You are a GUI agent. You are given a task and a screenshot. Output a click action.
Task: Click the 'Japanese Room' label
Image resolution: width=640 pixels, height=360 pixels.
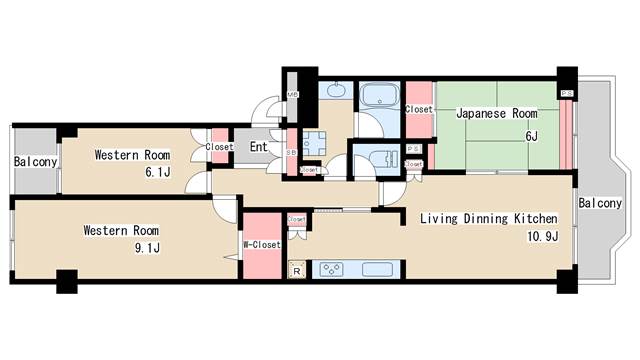point(496,113)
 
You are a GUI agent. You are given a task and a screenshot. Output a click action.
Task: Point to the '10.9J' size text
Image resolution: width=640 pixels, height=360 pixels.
point(535,236)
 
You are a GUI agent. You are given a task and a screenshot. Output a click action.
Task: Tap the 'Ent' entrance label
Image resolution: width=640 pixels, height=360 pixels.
point(258,147)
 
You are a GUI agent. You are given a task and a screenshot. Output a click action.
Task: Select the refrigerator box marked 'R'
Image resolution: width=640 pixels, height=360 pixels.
point(296,269)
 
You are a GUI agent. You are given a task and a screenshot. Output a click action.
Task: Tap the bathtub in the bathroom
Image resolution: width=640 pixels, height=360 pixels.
point(379,97)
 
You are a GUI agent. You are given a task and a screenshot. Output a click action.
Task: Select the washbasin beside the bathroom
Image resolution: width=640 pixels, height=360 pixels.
point(335,91)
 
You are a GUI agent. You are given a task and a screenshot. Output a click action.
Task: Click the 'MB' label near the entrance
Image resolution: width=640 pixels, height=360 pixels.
point(293,97)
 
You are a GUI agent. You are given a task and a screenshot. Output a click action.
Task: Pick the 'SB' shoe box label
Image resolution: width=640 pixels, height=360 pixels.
point(290,153)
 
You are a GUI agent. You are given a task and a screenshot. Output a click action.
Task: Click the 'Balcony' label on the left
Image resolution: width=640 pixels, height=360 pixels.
point(35,162)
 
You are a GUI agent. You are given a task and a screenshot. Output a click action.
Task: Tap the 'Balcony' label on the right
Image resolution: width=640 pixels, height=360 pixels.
point(600,203)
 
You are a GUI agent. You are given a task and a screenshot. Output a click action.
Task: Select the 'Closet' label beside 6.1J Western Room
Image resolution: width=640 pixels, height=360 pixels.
point(218,147)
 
